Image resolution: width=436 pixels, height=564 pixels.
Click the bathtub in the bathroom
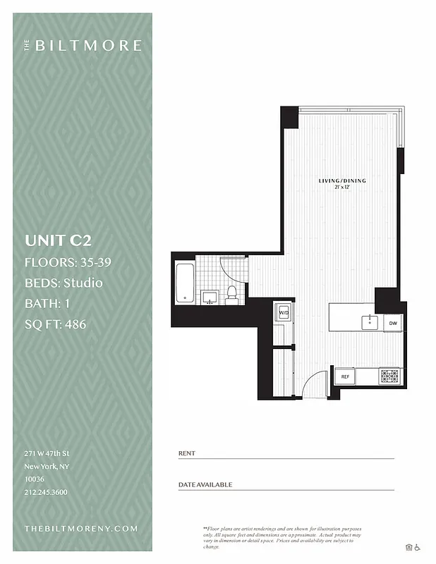pos(185,281)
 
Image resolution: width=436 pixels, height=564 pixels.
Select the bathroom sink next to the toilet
pos(209,297)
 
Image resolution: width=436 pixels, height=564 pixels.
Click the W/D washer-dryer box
pos(284,312)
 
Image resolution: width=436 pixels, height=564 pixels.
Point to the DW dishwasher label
pos(393,324)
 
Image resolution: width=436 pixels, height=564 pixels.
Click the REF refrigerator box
pos(346,377)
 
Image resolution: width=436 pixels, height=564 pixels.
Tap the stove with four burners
pos(389,376)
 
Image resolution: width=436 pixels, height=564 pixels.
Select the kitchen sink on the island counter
pos(370,322)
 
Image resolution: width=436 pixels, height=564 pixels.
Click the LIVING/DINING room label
pos(342,182)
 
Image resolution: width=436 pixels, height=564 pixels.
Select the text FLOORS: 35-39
pos(68,262)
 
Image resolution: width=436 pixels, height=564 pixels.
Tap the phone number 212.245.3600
pos(46,492)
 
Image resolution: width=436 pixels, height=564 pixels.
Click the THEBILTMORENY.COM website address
pos(80,528)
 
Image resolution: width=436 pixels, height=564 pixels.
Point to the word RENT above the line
pos(187,453)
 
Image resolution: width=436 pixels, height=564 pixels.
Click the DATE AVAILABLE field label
pos(205,484)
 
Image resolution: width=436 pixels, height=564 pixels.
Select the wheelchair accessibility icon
pos(417,546)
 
